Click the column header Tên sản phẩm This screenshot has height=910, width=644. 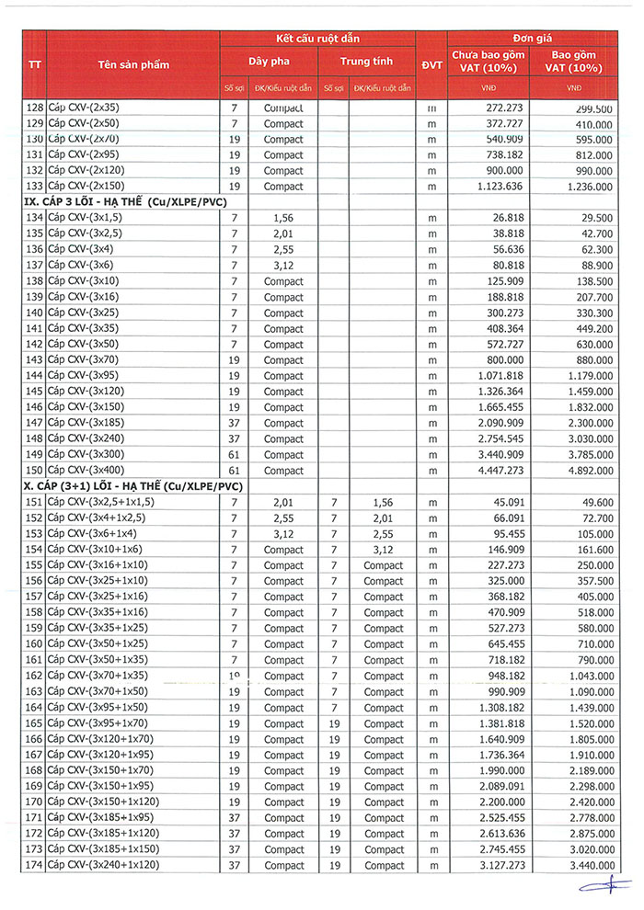point(133,64)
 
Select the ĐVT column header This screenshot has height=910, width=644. point(431,64)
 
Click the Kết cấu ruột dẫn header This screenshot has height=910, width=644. point(318,38)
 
